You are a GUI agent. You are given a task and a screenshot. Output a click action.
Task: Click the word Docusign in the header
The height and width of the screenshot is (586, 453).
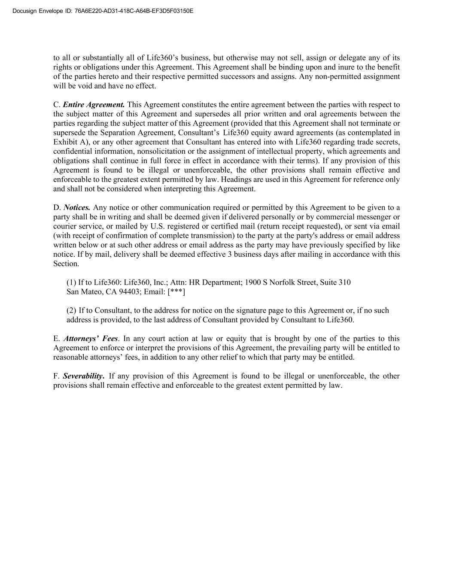[x=24, y=11]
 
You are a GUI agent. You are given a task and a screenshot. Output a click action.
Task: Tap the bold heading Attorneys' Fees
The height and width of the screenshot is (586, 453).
[x=91, y=339]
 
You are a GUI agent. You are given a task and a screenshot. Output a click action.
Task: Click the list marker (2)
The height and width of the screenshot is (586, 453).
[x=71, y=310]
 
